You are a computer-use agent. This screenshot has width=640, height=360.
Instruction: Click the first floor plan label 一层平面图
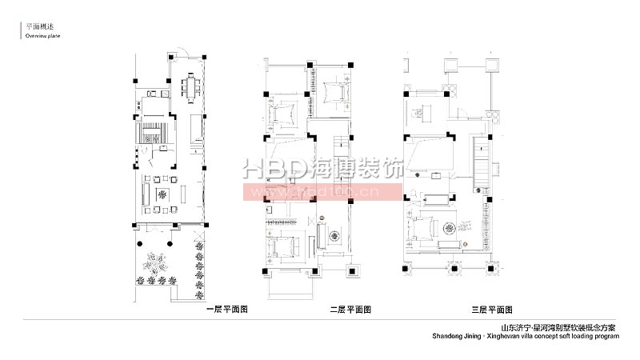[228, 308]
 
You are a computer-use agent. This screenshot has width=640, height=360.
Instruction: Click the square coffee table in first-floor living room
[162, 194]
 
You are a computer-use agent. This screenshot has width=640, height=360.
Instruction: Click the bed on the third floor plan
[425, 228]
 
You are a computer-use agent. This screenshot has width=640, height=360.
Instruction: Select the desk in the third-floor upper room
[423, 113]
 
